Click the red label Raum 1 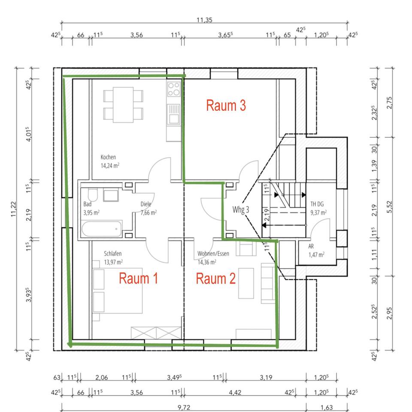click(138, 279)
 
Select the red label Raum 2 click(215, 279)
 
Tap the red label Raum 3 click(226, 106)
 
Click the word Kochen click(108, 157)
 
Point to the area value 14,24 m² click(110, 165)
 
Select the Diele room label click(146, 204)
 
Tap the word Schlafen click(112, 254)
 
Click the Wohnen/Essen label click(213, 254)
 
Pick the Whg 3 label click(241, 210)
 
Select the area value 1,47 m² click(316, 254)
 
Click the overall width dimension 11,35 click(205, 20)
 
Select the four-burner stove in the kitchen click(173, 89)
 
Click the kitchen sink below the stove click(173, 115)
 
